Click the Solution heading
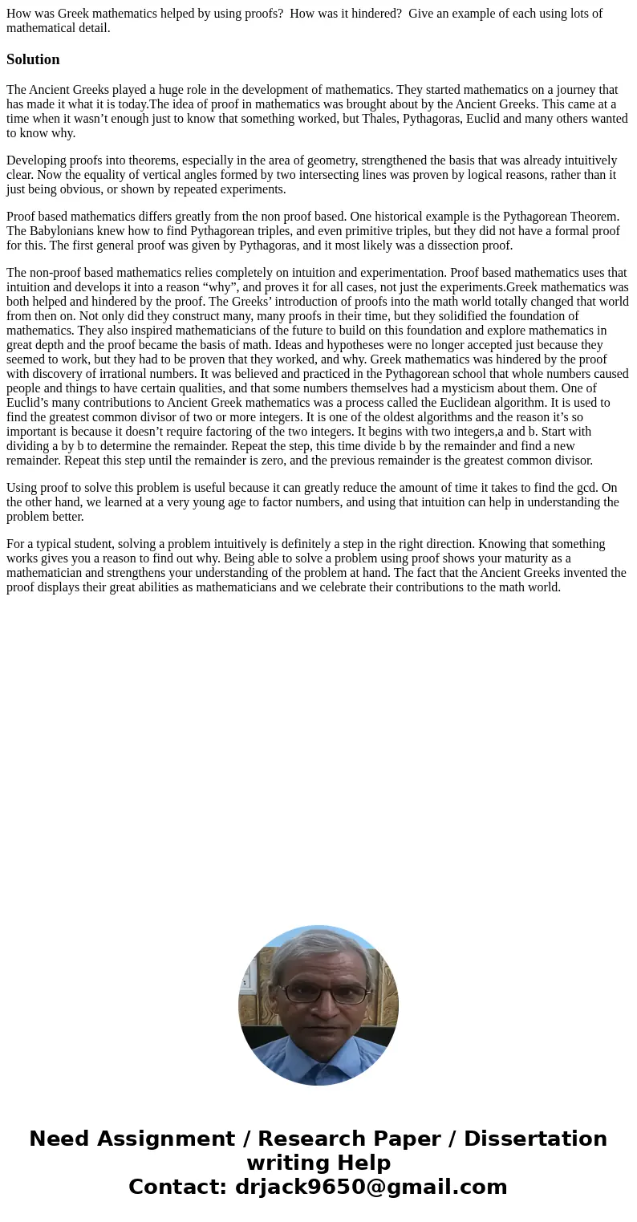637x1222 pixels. click(33, 59)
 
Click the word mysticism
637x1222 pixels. click(461, 388)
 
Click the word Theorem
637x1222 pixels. click(595, 217)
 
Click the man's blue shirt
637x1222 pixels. click(318, 1059)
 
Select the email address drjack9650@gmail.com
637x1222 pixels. click(371, 1187)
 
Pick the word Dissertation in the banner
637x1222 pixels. click(535, 1139)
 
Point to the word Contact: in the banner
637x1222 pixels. click(177, 1187)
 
